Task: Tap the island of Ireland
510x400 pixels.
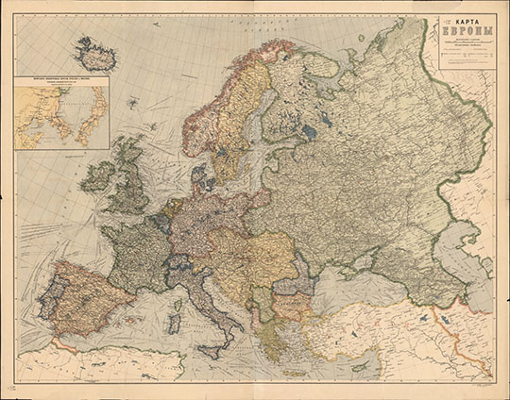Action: click(97, 176)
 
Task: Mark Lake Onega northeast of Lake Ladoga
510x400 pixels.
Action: click(324, 112)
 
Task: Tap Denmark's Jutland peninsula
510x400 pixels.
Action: click(199, 175)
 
